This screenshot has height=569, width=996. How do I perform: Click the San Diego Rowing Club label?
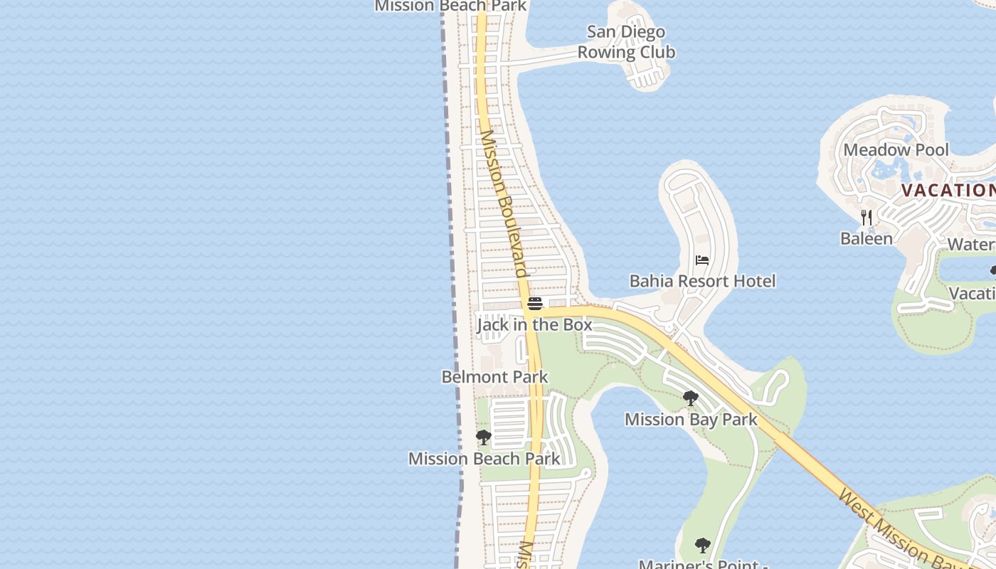pos(626,42)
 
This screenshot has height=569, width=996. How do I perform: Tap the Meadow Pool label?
pos(896,150)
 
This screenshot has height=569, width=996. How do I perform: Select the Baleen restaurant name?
pos(866,238)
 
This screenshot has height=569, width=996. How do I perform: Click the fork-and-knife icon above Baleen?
pos(866,217)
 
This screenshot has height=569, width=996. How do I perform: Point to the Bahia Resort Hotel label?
pos(702,281)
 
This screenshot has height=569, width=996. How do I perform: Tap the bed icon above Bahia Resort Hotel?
pos(702,260)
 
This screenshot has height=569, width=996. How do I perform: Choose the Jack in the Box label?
pos(534,325)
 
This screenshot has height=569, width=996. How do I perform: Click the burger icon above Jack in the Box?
pos(535,304)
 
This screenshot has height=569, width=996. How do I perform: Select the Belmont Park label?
pos(494,377)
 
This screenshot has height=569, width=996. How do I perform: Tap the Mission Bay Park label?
pos(691,420)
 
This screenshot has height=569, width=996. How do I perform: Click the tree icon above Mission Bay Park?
pos(690,398)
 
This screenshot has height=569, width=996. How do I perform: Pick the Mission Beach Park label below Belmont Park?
pos(484,459)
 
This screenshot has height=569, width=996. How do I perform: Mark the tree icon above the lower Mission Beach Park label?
pos(484,437)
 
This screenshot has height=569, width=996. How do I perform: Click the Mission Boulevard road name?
pos(504,203)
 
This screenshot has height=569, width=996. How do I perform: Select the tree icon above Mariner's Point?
pos(702,546)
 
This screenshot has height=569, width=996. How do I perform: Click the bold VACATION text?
pos(948,190)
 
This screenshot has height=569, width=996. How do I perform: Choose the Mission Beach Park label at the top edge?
pos(450,6)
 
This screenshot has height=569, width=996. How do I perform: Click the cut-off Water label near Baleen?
pos(971,244)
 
